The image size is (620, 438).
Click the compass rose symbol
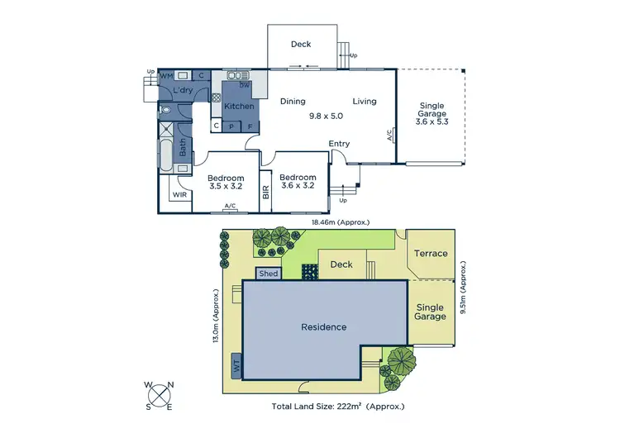click(x=160, y=396)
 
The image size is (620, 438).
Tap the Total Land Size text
click(x=338, y=406)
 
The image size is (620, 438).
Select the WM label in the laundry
click(x=166, y=75)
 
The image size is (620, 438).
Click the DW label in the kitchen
click(x=245, y=84)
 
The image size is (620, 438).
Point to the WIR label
click(x=179, y=195)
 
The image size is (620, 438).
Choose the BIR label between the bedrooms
click(x=265, y=192)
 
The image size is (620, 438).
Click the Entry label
click(x=339, y=144)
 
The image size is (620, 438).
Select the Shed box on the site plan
click(x=269, y=274)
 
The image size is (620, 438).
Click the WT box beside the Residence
click(x=236, y=364)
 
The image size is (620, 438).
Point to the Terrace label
click(x=431, y=254)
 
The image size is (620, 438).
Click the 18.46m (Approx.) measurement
click(x=340, y=222)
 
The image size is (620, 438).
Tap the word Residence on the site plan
click(x=324, y=327)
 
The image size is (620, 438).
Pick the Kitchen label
click(x=240, y=107)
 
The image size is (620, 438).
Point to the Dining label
click(x=293, y=102)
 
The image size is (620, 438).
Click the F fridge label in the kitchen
click(x=249, y=126)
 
